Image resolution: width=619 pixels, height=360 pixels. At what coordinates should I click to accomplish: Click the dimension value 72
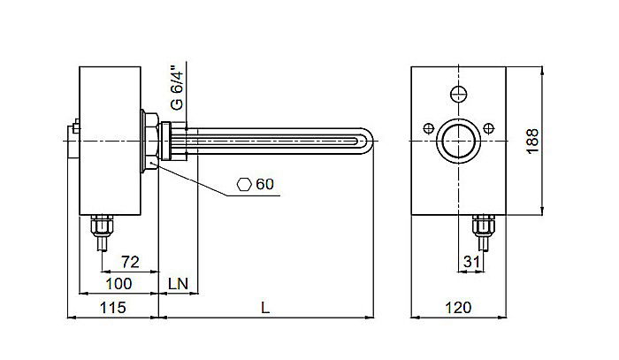(130, 261)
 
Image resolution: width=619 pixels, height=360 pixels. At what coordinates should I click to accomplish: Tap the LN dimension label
(179, 283)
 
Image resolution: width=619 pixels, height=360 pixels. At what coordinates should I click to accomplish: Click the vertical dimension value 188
(531, 140)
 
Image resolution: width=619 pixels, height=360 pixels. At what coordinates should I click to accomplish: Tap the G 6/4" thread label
(178, 87)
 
